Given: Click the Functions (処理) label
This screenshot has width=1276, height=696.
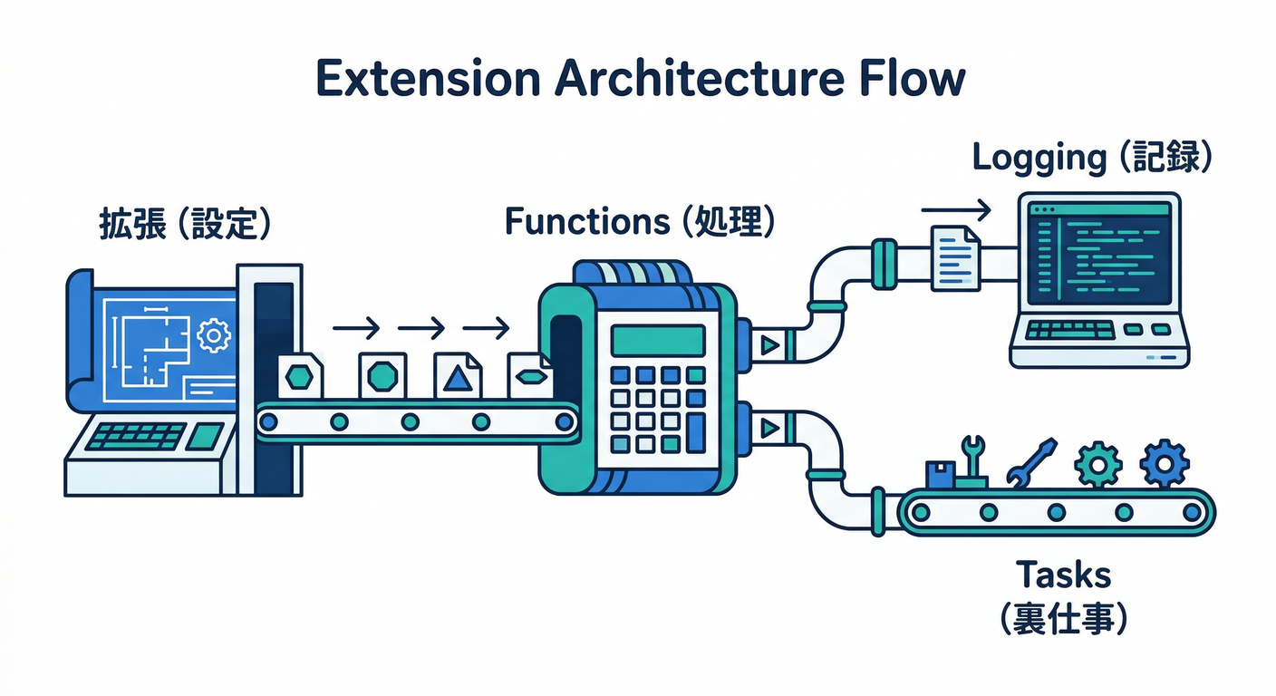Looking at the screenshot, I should coord(639,222).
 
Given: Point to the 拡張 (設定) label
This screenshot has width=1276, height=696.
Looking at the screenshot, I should coord(185,226).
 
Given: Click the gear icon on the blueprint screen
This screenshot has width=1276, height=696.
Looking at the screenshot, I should coord(214,335).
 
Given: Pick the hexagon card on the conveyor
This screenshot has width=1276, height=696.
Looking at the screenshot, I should coord(300,374).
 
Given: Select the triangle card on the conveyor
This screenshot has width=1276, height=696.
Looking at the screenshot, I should coord(458,375).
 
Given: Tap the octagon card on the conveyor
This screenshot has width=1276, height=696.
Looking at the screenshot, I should coord(382,374).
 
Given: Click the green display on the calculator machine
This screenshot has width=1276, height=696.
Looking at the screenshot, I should coord(657,341).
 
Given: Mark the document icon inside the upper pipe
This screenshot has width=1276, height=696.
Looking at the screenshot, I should coord(956,258).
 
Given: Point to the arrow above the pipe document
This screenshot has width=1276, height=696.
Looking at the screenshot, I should coord(956,211).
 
